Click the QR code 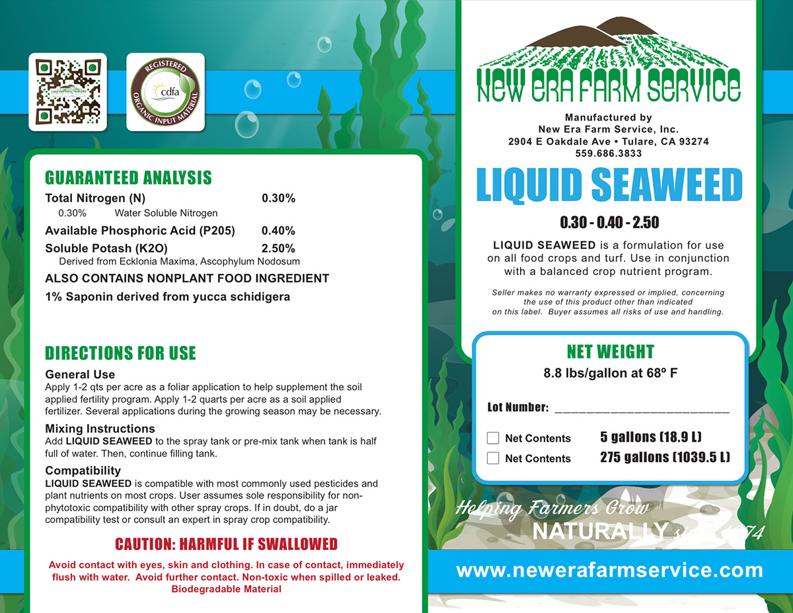(67, 92)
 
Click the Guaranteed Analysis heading (128, 178)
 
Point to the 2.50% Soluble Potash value (278, 249)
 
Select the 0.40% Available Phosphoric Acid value (278, 231)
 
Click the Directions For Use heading (120, 353)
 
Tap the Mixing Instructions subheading (100, 429)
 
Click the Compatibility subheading (83, 471)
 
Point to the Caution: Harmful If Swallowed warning (226, 544)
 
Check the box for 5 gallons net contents (493, 438)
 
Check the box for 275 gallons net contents (493, 458)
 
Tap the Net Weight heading (610, 352)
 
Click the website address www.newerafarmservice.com (609, 570)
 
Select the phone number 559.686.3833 (609, 153)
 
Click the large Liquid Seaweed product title (609, 185)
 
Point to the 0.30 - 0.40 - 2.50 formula (609, 223)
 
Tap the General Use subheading (80, 375)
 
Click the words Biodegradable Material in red (226, 589)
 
